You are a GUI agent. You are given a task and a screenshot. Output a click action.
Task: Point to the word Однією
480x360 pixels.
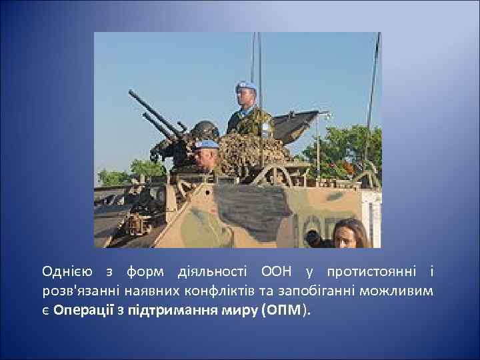tap(65, 272)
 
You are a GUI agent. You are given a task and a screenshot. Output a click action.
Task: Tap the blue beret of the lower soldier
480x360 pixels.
tap(207, 144)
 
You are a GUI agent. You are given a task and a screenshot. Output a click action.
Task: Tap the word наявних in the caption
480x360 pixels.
tap(147, 291)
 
